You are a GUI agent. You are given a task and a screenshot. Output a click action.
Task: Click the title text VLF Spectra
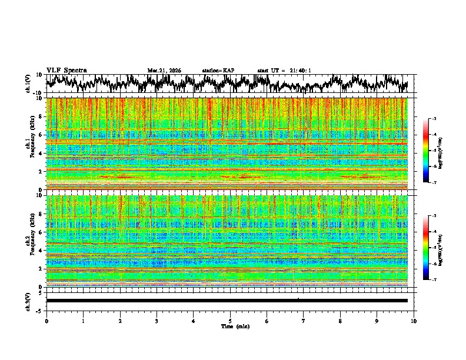point(66,70)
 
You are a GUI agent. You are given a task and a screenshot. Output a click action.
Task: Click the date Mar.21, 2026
point(164,71)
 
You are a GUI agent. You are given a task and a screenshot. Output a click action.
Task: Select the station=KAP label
point(218,71)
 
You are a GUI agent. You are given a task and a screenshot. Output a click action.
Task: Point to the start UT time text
point(284,71)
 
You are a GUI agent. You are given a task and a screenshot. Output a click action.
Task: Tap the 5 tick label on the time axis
point(231,321)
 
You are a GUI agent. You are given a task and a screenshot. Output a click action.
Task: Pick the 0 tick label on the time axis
point(46,321)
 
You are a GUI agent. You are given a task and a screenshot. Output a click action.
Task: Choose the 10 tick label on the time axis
point(414,321)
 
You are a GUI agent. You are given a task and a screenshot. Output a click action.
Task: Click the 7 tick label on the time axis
point(304,321)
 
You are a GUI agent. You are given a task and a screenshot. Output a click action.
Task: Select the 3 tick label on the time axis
point(157,321)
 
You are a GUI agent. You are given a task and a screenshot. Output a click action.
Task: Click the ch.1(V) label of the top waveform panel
point(28,84)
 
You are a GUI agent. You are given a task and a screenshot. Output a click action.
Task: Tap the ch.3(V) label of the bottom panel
point(28,301)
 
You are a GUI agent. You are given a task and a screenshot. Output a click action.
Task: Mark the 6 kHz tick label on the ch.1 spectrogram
point(41,135)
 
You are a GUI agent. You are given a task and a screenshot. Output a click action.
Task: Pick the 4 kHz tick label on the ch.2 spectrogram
point(41,250)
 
